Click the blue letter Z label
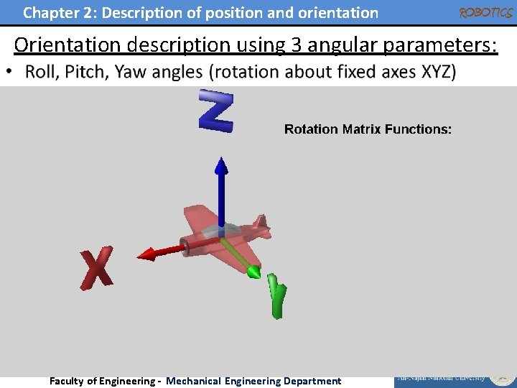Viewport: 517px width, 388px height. pos(216,111)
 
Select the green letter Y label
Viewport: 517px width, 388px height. pos(276,295)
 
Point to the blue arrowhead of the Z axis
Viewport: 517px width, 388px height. pos(222,167)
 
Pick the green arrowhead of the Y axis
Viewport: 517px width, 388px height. pos(253,272)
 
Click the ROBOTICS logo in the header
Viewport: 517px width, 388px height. pos(485,12)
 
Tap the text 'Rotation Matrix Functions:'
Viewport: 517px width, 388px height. pos(368,129)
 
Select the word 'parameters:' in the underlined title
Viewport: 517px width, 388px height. pos(439,45)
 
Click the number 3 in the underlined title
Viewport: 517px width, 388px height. pos(296,45)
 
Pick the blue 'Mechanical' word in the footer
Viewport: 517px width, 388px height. pos(193,381)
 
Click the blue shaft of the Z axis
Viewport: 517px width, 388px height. pos(222,198)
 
